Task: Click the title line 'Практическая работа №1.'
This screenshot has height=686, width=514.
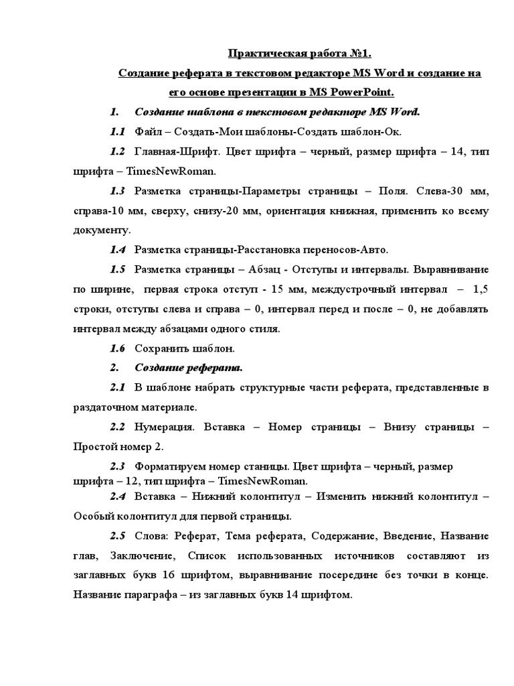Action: pos(304,53)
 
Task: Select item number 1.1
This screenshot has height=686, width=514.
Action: pos(118,131)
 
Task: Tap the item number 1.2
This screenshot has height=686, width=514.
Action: pos(118,151)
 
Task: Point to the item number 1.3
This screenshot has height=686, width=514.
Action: pos(118,191)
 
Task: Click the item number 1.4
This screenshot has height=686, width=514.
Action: pos(118,250)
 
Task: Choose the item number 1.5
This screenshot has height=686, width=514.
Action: pos(118,269)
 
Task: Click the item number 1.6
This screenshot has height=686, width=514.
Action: pos(118,348)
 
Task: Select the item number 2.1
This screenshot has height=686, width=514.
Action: pos(118,388)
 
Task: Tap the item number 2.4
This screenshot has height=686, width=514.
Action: pos(118,496)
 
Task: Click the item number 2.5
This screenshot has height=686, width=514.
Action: pos(118,537)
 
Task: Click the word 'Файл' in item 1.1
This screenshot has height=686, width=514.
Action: pos(149,131)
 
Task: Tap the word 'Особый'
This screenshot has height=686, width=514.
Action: pos(93,517)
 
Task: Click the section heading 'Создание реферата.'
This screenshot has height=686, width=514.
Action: pos(189,368)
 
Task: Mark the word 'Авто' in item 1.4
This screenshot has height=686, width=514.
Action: pos(375,250)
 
